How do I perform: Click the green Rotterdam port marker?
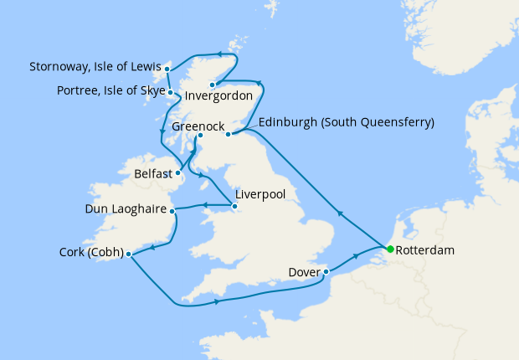pyautogui.click(x=390, y=249)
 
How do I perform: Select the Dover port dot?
pyautogui.click(x=326, y=271)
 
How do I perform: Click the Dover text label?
pyautogui.click(x=302, y=272)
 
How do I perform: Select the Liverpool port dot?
pyautogui.click(x=233, y=205)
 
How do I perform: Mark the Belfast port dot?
pyautogui.click(x=177, y=174)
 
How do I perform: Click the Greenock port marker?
pyautogui.click(x=200, y=137)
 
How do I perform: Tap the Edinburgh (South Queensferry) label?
pyautogui.click(x=347, y=122)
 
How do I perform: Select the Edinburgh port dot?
pyautogui.click(x=228, y=133)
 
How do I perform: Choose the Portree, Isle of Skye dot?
pyautogui.click(x=170, y=92)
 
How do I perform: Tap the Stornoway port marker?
pyautogui.click(x=167, y=68)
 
